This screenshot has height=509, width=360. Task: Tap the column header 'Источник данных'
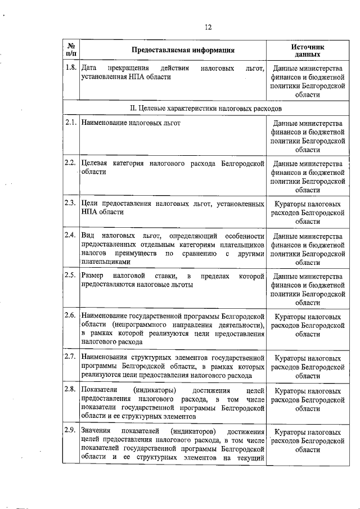pos(308,50)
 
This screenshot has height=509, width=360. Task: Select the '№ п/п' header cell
pos(71,49)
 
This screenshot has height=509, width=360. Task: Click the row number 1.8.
pos(70,69)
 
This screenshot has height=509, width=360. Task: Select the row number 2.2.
pos(70,163)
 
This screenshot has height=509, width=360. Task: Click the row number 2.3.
pos(70,203)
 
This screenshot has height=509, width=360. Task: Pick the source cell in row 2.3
pos(308,213)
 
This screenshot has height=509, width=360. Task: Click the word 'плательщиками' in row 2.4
pos(106,262)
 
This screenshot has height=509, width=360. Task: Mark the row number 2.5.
pos(70,275)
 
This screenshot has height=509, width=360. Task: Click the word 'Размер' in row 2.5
pos(93,276)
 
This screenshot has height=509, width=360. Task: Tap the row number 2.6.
pos(70,315)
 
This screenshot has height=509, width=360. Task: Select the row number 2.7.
pos(70,357)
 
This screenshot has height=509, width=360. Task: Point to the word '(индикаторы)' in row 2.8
pos(156,390)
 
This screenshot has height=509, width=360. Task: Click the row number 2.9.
pos(70,431)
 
